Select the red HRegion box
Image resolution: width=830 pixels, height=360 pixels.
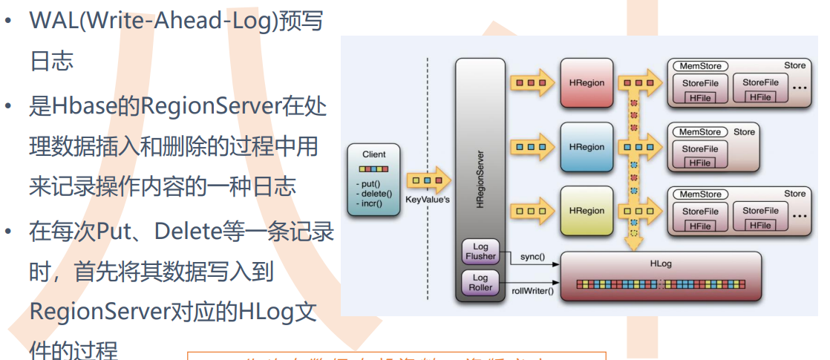tap(586, 83)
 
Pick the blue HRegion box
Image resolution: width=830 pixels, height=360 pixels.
tap(586, 147)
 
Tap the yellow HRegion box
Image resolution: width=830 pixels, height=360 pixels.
tap(586, 211)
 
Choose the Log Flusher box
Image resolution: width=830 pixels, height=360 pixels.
tap(480, 251)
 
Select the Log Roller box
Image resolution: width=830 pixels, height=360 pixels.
tap(480, 282)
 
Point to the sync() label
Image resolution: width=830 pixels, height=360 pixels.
tap(532, 257)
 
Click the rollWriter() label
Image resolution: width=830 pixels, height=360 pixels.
tap(532, 291)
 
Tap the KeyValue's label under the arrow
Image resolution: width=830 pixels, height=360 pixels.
tap(428, 200)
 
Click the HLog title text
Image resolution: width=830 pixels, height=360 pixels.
tap(661, 264)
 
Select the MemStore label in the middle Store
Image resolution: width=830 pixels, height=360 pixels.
tap(699, 132)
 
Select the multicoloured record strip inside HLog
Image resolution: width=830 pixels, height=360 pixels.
tap(661, 284)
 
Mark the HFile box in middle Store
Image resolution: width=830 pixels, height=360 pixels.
tap(699, 163)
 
